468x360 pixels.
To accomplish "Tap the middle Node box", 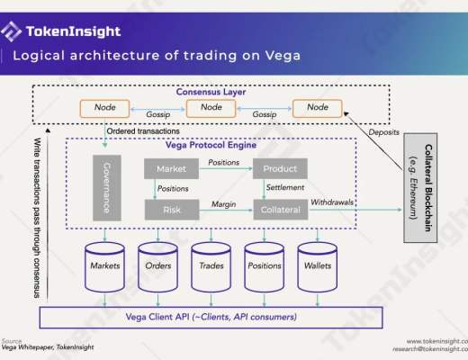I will tap(211, 108).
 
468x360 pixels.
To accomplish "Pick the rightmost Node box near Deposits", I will tap(317, 108).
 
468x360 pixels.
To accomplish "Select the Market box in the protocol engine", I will tap(170, 168).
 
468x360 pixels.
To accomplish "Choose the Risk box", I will tap(170, 209).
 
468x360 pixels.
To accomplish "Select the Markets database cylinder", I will tap(105, 265).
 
